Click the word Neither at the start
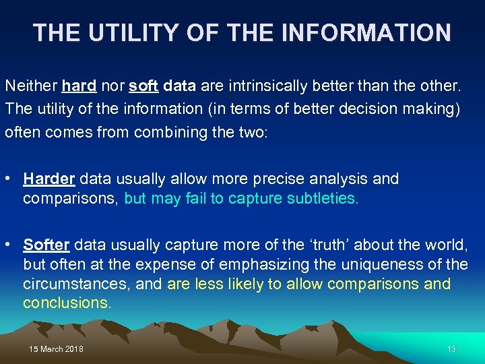pos(30,86)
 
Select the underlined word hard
pos(78,86)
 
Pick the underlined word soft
pos(143,86)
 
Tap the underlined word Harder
pos(49,179)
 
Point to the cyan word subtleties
pos(325,198)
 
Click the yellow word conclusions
pos(67,303)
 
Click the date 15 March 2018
pos(57,348)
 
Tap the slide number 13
pos(451,348)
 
